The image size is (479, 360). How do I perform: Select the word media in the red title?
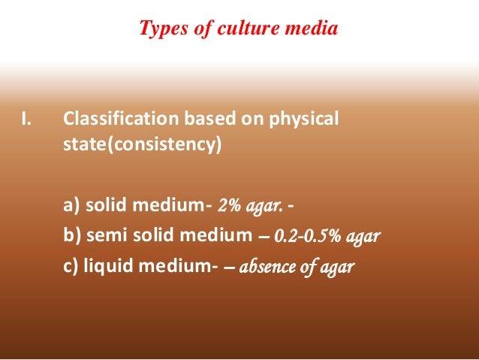[x=307, y=29]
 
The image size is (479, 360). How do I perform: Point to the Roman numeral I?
[x=26, y=119]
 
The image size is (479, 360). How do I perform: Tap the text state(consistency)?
[x=142, y=144]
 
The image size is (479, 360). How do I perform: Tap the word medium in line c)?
[x=179, y=267]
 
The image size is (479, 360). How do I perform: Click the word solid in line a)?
[x=107, y=205]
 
